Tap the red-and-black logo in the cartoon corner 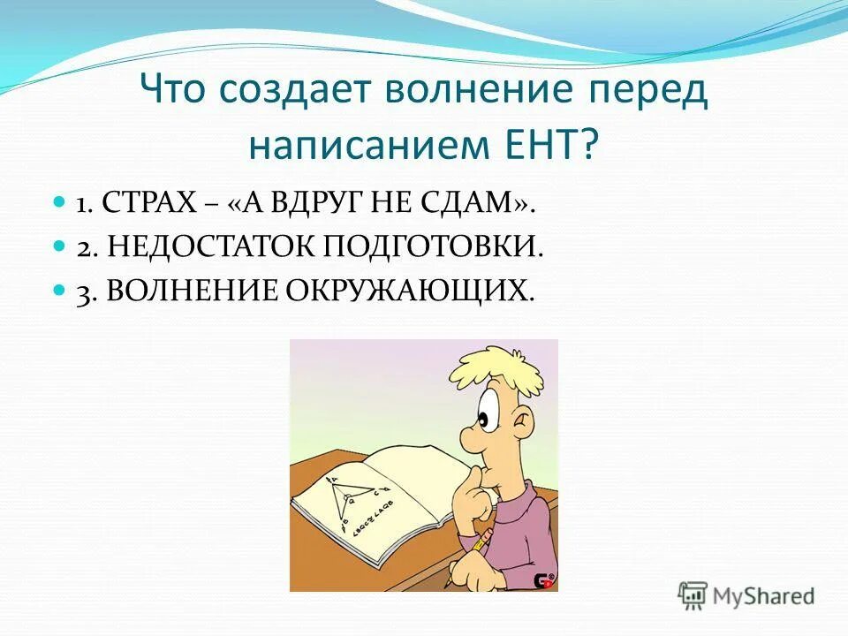click(543, 579)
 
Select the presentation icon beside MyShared click(693, 596)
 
